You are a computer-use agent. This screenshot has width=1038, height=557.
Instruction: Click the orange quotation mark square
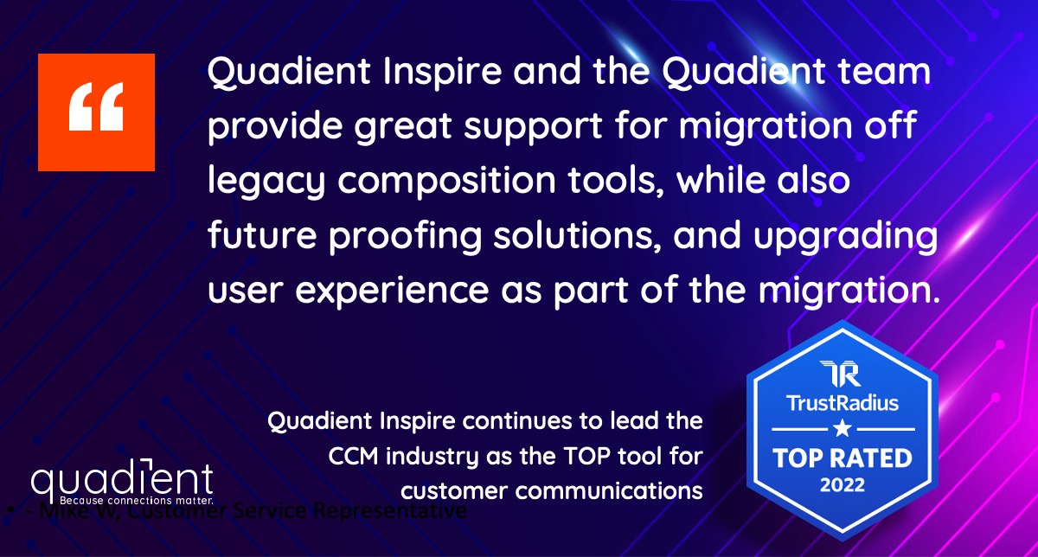pos(96,112)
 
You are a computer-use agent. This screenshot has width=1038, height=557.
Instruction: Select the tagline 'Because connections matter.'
pos(136,500)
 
